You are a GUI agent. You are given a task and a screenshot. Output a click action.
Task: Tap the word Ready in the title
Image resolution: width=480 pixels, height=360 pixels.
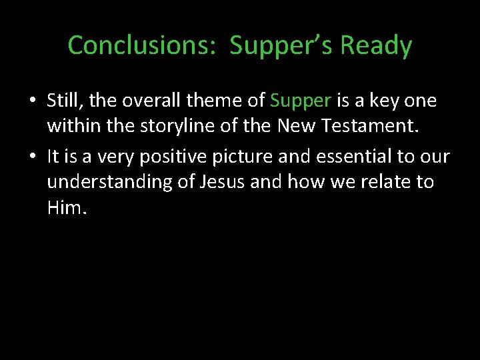(x=375, y=45)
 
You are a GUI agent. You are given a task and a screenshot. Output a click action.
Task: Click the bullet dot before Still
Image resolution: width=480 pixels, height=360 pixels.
(x=32, y=101)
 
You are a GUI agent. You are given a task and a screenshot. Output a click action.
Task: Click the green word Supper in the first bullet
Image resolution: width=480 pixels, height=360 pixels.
(x=301, y=101)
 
